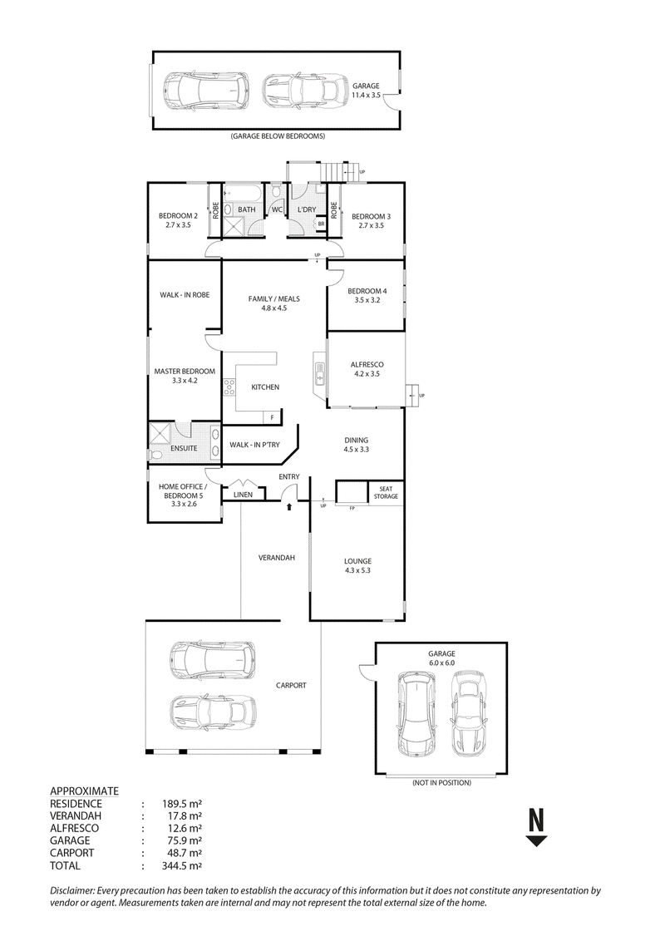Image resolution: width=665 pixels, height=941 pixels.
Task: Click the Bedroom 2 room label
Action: pos(178,216)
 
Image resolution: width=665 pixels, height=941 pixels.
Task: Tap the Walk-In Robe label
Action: pos(185,294)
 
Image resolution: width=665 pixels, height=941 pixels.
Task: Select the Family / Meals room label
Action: pos(274,299)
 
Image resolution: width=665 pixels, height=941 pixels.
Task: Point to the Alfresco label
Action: pos(367,364)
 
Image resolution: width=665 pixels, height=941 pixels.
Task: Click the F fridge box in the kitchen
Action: pos(272,417)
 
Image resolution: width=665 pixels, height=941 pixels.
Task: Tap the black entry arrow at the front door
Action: pos(290,507)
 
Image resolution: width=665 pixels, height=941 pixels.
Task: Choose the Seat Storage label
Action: pos(386,493)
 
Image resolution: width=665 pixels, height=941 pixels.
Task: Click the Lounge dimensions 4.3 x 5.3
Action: pos(357,570)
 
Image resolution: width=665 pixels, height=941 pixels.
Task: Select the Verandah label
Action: pos(277,558)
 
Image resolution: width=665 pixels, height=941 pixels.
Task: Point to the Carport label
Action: pos(291,685)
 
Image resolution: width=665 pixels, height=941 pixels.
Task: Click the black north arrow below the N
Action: pos(536,840)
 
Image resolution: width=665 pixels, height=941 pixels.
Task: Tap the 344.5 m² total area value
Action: pos(182,865)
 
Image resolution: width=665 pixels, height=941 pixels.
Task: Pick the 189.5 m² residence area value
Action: pos(182,804)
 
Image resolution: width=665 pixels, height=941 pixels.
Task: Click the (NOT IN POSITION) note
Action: pos(441,782)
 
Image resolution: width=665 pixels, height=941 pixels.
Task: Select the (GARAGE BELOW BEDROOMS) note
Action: pos(278,136)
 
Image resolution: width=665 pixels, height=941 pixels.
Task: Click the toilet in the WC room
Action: pos(276,191)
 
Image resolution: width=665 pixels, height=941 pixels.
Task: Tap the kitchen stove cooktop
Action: pos(229,387)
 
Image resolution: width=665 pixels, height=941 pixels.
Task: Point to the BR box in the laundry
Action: pos(321,224)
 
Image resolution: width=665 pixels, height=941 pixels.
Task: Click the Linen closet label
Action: pos(244,495)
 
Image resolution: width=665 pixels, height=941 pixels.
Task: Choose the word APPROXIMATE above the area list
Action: pos(84,791)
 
